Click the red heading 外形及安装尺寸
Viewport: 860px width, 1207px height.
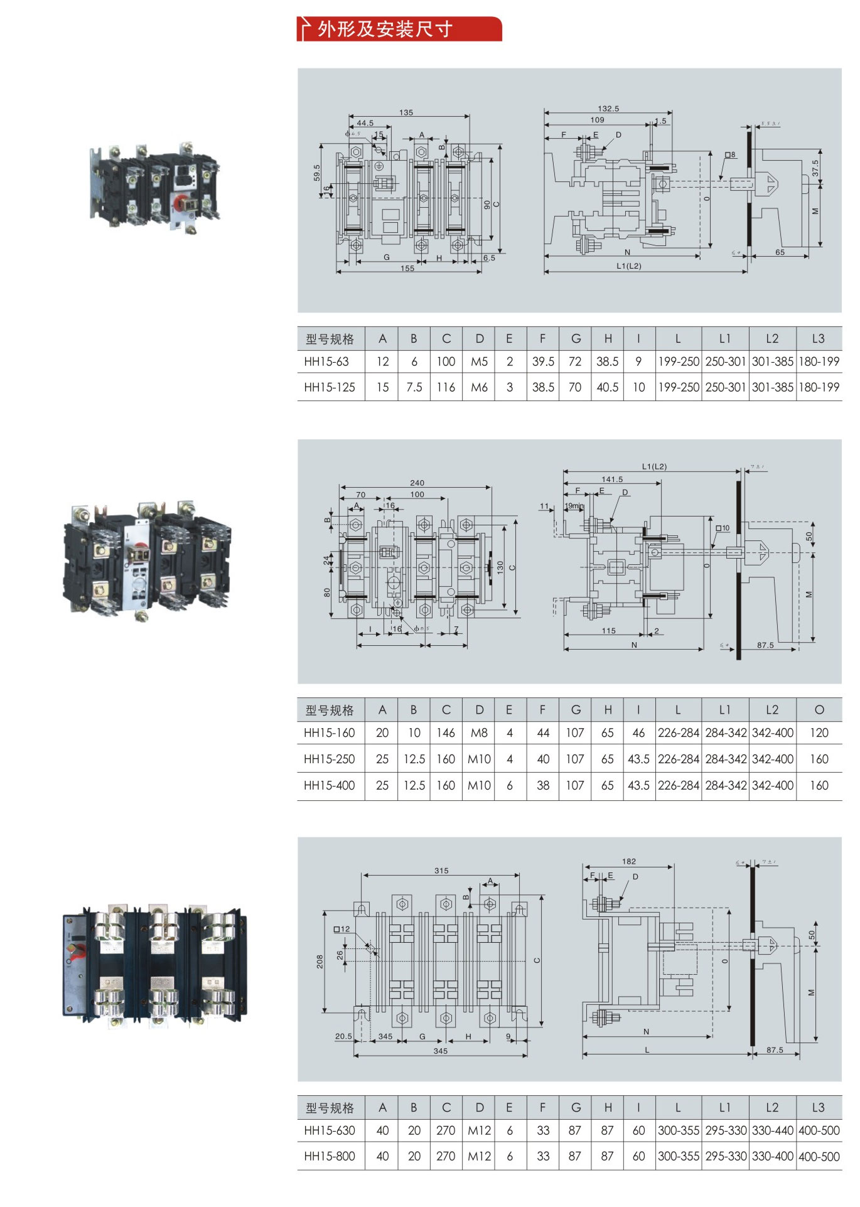point(384,29)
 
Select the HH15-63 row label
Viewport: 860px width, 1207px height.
point(326,362)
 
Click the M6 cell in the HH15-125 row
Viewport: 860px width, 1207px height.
point(479,387)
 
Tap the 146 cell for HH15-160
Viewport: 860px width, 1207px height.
point(446,732)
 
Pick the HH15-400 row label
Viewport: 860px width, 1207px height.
point(329,785)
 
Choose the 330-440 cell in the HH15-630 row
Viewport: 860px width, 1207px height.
point(772,1130)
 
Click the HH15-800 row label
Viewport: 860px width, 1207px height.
point(329,1156)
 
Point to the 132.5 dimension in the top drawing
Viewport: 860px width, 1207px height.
point(608,109)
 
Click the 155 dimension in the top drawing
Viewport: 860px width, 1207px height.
point(407,269)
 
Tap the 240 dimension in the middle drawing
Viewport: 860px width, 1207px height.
point(417,483)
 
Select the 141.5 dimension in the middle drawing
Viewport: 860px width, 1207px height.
point(612,479)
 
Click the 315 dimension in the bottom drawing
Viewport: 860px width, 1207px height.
point(441,871)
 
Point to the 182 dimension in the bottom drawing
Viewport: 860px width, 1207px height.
point(629,861)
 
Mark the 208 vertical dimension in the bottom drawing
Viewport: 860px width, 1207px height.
point(320,962)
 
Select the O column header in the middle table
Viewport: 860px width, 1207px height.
point(819,709)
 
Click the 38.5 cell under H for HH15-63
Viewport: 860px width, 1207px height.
point(607,362)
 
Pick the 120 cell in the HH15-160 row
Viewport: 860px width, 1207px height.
point(819,732)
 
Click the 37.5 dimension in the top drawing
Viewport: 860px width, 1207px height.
point(815,168)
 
